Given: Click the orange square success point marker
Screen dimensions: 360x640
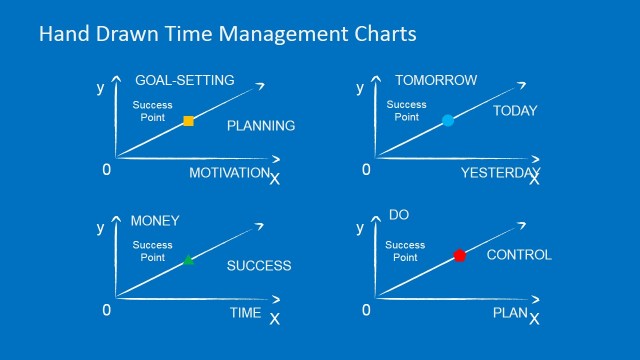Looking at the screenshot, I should click(188, 121).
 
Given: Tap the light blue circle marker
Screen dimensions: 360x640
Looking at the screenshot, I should click(448, 120).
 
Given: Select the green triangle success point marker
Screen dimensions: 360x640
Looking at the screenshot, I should click(188, 260).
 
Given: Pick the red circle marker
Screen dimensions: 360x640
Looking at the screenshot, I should click(460, 256).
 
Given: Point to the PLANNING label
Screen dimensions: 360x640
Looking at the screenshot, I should click(260, 126).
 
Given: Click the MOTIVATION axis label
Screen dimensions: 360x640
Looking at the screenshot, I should click(229, 173).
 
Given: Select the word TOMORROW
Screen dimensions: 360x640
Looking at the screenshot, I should click(436, 80).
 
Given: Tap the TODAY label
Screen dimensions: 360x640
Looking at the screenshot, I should click(515, 111).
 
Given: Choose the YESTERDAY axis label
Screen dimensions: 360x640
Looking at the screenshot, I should click(499, 173).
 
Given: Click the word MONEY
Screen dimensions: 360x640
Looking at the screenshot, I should click(155, 220).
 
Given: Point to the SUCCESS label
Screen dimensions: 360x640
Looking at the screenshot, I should click(258, 266).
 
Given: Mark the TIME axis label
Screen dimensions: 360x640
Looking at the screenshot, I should click(245, 313).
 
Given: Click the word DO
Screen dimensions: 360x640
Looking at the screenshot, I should click(399, 215).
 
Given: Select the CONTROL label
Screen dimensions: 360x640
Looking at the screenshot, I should click(518, 255).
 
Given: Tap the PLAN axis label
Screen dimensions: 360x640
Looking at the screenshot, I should click(510, 313).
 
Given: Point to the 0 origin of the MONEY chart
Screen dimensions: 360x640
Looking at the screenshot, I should click(107, 310).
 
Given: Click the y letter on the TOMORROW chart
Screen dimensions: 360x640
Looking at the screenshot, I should click(360, 88).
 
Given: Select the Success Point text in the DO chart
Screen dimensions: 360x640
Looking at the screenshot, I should click(405, 251).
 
